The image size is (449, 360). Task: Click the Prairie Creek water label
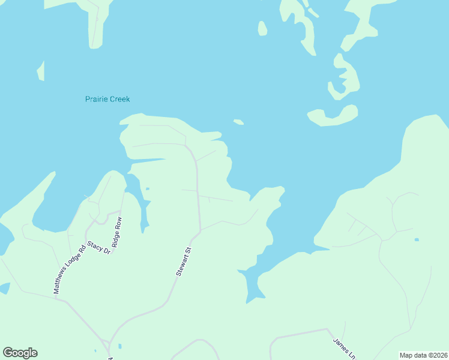pos(107,99)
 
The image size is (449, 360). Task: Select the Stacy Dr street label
pos(99,247)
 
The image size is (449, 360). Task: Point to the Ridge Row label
pos(118,232)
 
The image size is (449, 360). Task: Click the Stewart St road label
pos(184,262)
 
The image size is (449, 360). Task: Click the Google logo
pos(20,353)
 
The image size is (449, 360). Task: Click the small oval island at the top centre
pos(262,28)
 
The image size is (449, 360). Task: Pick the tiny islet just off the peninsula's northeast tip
pos(238,122)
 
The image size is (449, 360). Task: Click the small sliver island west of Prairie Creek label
pos(41,71)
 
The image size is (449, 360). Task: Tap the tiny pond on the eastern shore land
pos(417,240)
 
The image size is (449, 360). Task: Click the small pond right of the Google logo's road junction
pos(120,346)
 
